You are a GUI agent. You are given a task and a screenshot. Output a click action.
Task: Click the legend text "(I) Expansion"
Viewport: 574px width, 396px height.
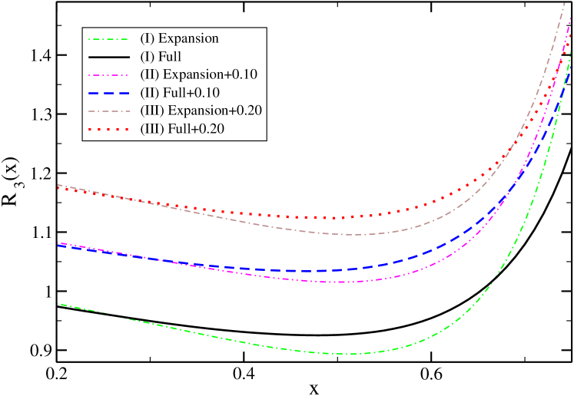click(179, 38)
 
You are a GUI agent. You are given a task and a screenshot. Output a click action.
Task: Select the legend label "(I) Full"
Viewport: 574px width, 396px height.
click(165, 56)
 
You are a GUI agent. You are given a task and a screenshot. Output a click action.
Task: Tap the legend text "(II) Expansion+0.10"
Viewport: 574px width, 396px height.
click(198, 74)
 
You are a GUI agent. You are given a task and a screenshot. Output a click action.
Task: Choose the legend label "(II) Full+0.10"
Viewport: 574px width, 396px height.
click(184, 92)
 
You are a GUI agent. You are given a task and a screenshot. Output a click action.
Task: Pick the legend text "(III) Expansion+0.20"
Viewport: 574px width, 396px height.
click(201, 111)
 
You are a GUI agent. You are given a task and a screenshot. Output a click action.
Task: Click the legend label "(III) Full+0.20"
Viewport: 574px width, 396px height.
click(182, 128)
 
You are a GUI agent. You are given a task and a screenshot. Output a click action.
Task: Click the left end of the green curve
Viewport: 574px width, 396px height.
click(58, 304)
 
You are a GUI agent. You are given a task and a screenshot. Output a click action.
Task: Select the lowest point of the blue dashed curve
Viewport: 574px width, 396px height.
click(311, 271)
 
